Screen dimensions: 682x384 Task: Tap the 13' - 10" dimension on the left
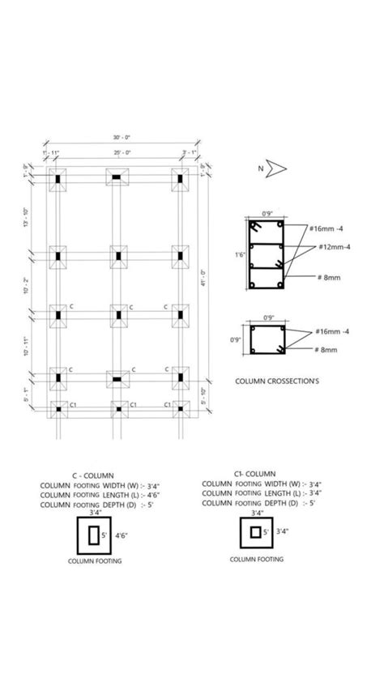click(28, 217)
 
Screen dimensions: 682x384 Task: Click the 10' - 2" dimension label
click(28, 285)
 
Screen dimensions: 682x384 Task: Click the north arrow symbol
click(278, 168)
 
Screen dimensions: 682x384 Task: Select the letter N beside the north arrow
click(260, 168)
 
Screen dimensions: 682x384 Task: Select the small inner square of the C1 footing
click(256, 532)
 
